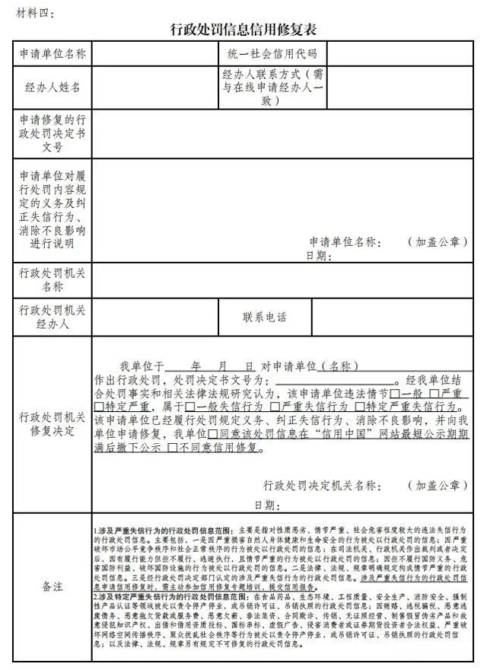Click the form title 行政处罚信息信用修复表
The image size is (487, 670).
click(x=243, y=30)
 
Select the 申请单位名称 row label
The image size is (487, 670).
click(x=53, y=54)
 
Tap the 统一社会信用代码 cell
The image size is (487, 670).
click(x=272, y=54)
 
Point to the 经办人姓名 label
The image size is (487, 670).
click(x=53, y=88)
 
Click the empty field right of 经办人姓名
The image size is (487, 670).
click(x=152, y=88)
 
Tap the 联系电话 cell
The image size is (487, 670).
click(x=266, y=317)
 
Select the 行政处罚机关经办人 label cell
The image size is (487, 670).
click(x=53, y=317)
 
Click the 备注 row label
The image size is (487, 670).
click(x=53, y=586)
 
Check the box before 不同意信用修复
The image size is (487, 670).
click(x=173, y=448)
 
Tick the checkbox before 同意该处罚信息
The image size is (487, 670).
click(x=212, y=434)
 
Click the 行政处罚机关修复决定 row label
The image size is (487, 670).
click(x=53, y=423)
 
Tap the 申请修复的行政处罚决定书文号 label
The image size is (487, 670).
click(x=53, y=133)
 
